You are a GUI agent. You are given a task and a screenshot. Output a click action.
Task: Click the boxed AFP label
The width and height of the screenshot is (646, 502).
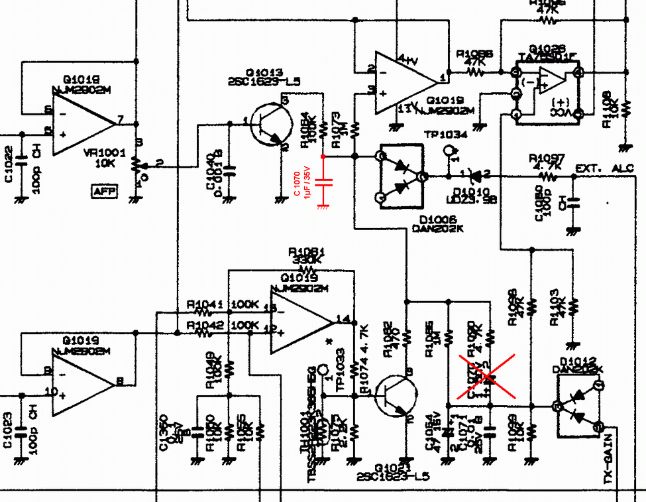(104, 192)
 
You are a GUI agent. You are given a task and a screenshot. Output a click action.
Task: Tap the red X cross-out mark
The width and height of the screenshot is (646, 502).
(488, 376)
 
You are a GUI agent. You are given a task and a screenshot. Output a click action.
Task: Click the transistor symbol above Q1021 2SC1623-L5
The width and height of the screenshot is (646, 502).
(396, 395)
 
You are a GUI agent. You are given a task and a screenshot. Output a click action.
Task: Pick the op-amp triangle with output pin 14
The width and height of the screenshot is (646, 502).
(299, 322)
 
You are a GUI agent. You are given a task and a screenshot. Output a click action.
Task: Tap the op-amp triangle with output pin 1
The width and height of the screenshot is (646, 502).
(404, 80)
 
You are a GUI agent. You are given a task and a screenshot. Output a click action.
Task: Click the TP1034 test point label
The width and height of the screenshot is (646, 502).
(445, 134)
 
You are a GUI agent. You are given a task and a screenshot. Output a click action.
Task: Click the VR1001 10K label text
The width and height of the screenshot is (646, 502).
(105, 157)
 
